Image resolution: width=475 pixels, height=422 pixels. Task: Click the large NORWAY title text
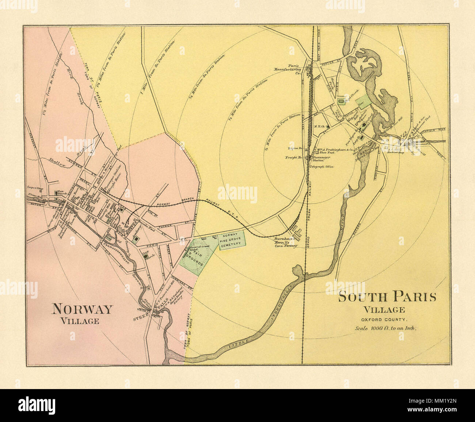pos(82,309)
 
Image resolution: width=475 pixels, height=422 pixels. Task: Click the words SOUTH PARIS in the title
pos(387,296)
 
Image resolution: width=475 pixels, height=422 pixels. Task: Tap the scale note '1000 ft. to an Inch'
pos(386,328)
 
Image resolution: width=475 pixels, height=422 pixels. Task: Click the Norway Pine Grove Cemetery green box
pos(232,240)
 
